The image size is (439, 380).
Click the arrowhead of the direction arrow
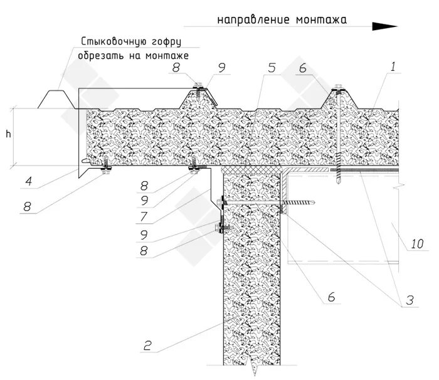(x=384, y=26)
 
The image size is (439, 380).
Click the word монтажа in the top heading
(x=325, y=19)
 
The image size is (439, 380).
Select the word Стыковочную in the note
(x=110, y=42)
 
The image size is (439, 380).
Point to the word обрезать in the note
(x=101, y=56)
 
